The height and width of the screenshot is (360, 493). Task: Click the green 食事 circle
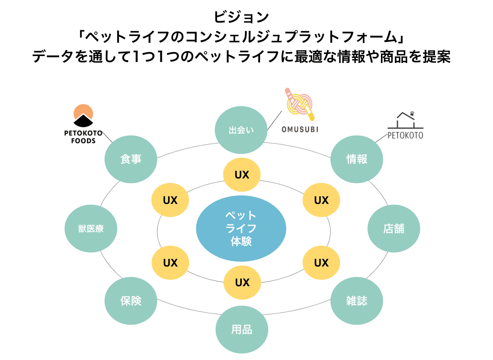131,159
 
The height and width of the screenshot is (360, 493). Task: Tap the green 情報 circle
357,159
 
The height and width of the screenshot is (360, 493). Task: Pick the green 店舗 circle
393,228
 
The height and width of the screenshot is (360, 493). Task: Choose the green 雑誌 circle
357,301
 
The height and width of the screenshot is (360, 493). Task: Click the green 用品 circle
241,329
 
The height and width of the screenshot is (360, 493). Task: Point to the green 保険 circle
131,301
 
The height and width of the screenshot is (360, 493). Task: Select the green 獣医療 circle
91,229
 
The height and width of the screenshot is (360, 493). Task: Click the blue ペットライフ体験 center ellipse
241,228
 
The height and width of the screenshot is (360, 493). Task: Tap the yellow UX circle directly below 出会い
242,175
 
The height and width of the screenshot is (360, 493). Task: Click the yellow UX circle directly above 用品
242,282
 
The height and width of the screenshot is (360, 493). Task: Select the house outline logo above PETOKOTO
405,120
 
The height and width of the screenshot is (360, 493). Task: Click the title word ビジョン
241,17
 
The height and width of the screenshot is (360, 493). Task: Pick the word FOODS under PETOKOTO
83,141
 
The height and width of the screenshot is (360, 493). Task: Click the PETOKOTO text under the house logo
405,135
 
